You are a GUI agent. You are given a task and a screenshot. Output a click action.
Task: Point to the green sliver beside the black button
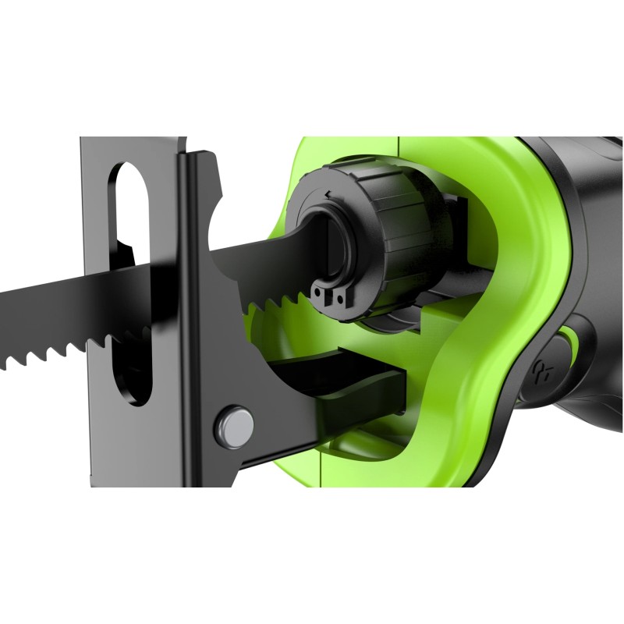click(x=574, y=344)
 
